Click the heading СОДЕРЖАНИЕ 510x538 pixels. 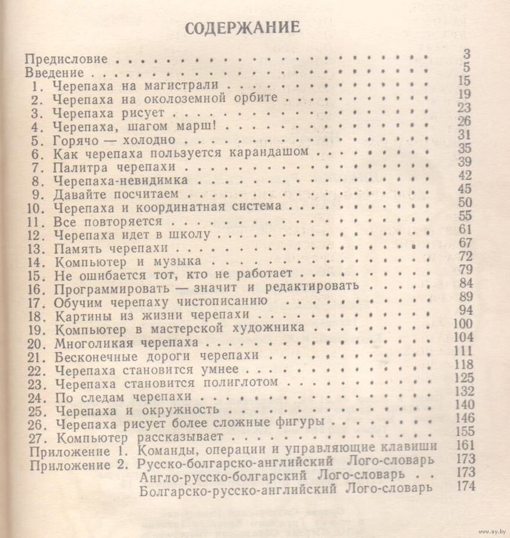pyautogui.click(x=242, y=29)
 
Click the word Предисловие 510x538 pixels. pyautogui.click(x=66, y=59)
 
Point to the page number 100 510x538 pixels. pyautogui.click(x=463, y=324)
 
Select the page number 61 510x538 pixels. pyautogui.click(x=465, y=229)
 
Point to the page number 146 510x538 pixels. pyautogui.click(x=464, y=418)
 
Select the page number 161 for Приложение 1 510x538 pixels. pyautogui.click(x=464, y=445)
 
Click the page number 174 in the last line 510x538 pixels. pyautogui.click(x=464, y=486)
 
